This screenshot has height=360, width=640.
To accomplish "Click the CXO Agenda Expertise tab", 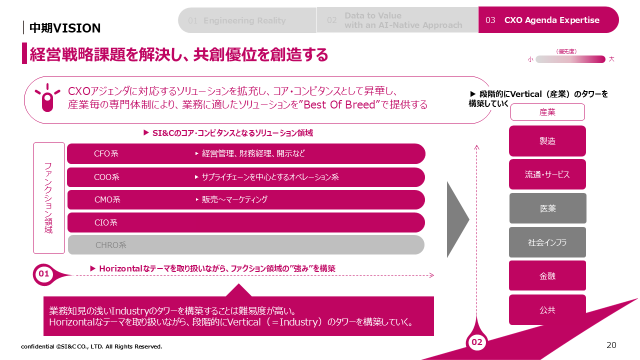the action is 548,20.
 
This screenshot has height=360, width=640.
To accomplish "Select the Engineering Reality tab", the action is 247,20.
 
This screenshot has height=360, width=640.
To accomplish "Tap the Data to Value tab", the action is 397,20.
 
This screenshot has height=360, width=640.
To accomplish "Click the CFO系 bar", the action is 246,153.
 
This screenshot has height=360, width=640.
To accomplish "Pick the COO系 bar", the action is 246,177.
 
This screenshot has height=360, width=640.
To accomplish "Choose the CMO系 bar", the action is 246,199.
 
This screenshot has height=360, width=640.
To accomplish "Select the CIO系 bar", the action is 246,222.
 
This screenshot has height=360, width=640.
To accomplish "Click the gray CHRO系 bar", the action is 246,245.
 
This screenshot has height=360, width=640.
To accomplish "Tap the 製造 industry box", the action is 547,141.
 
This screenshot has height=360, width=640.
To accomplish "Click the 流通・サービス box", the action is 547,174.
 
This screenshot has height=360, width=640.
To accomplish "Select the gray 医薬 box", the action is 547,208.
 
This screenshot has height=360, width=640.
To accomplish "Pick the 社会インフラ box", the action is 547,242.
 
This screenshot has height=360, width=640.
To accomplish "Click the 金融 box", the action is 547,275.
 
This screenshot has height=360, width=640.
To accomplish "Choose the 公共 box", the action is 547,309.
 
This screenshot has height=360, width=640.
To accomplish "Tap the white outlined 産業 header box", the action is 547,112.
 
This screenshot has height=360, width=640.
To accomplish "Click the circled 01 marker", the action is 43,274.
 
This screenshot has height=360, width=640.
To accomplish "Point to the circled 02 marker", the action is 477,342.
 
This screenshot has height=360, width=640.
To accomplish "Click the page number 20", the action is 611,345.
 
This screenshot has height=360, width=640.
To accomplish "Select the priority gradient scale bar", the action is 570,59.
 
